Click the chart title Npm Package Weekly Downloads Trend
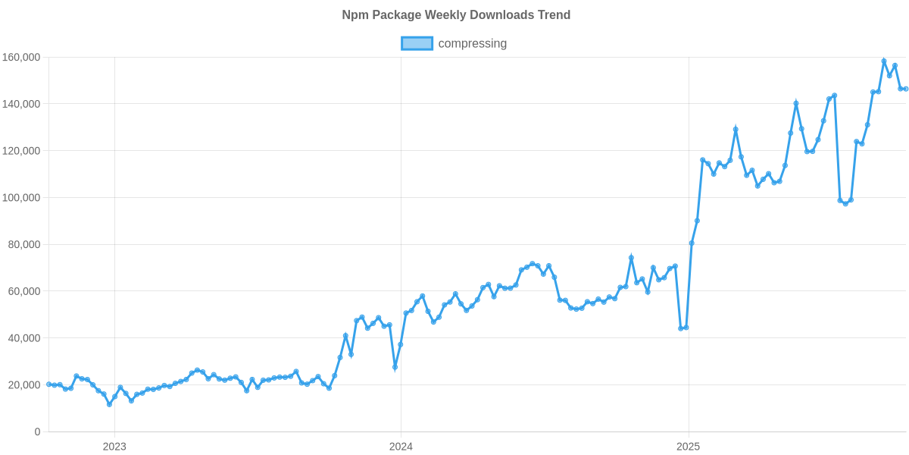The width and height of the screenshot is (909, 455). [x=456, y=15]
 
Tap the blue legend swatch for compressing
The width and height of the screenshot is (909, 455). [x=417, y=43]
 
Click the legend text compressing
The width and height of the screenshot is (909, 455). [x=473, y=43]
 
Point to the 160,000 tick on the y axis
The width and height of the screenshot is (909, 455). [x=21, y=58]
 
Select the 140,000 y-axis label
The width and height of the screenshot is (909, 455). [x=21, y=104]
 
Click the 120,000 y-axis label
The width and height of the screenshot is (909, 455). [x=21, y=151]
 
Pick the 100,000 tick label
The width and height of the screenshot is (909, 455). [x=21, y=198]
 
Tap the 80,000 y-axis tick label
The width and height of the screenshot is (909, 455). [x=24, y=245]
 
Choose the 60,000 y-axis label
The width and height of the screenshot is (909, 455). [x=24, y=291]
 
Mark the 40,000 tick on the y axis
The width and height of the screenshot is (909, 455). [x=24, y=338]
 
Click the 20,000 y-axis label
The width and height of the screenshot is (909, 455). [x=24, y=385]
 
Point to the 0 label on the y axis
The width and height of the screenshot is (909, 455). [x=37, y=431]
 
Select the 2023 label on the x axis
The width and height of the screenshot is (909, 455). [x=114, y=447]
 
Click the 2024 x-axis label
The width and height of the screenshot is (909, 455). [x=401, y=447]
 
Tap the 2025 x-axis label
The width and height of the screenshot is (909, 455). [x=688, y=447]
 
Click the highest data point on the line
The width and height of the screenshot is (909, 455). [x=884, y=61]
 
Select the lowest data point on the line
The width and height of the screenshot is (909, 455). [x=109, y=404]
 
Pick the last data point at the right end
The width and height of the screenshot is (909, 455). [x=906, y=89]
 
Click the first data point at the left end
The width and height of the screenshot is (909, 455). [x=48, y=384]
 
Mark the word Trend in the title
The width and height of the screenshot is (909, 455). [x=554, y=15]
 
